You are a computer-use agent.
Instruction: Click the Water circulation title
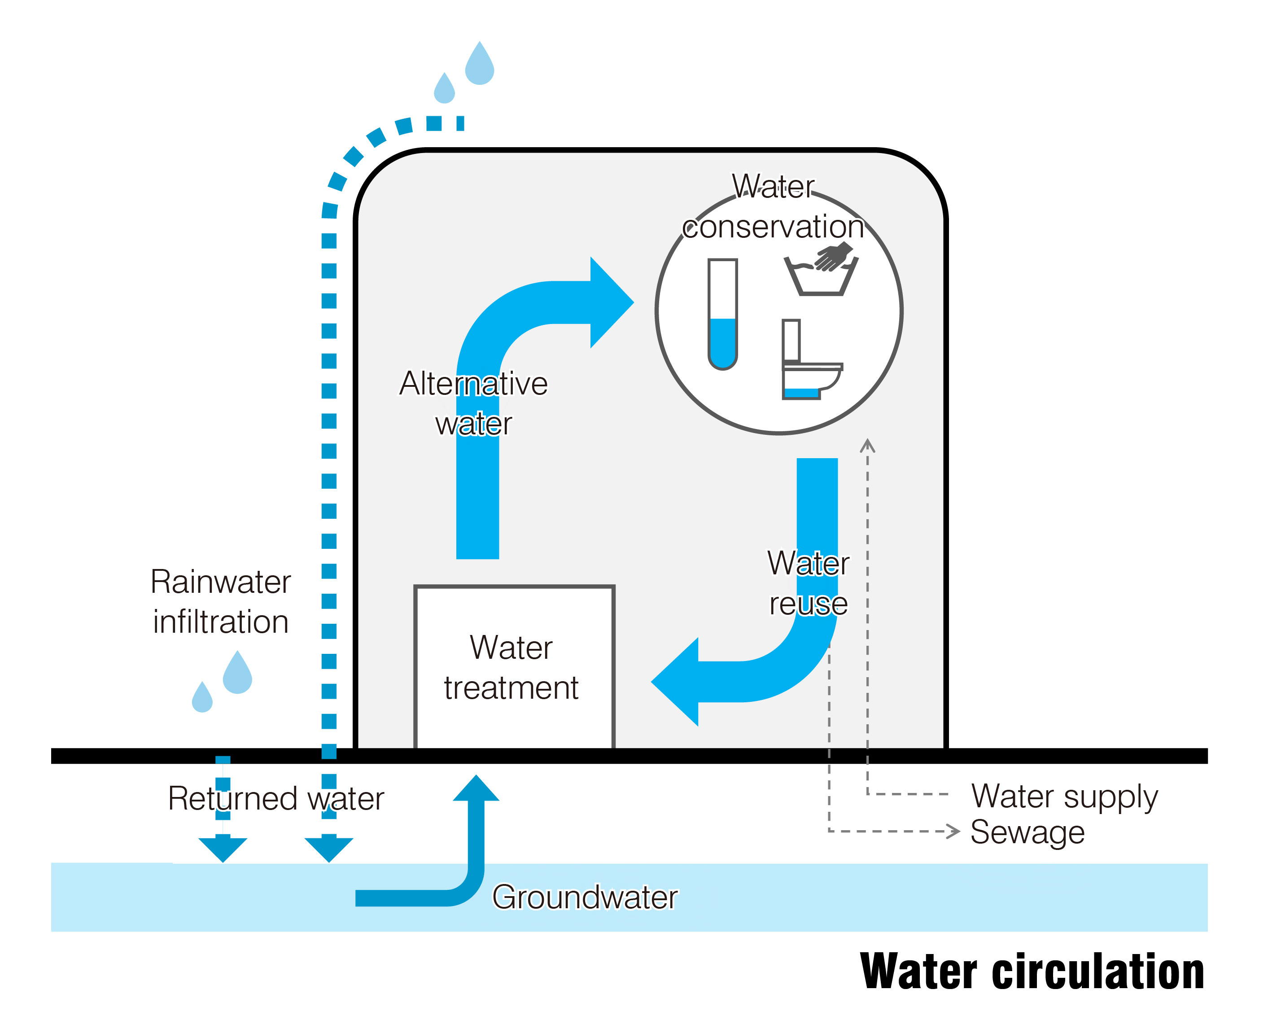pyautogui.click(x=1032, y=972)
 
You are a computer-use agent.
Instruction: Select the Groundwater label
pyautogui.click(x=585, y=897)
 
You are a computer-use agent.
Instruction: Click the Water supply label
pyautogui.click(x=1064, y=797)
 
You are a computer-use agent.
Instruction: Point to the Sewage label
pyautogui.click(x=1027, y=832)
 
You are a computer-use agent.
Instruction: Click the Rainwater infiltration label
pyautogui.click(x=221, y=602)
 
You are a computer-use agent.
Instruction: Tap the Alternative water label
pyautogui.click(x=473, y=403)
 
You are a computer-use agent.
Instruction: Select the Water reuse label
pyautogui.click(x=808, y=583)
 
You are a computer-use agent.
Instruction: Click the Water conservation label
pyautogui.click(x=773, y=207)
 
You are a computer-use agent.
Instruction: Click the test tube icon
pyautogui.click(x=722, y=314)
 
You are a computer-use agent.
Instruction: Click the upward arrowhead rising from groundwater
pyautogui.click(x=476, y=788)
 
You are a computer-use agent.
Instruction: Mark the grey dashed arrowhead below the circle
pyautogui.click(x=867, y=447)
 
